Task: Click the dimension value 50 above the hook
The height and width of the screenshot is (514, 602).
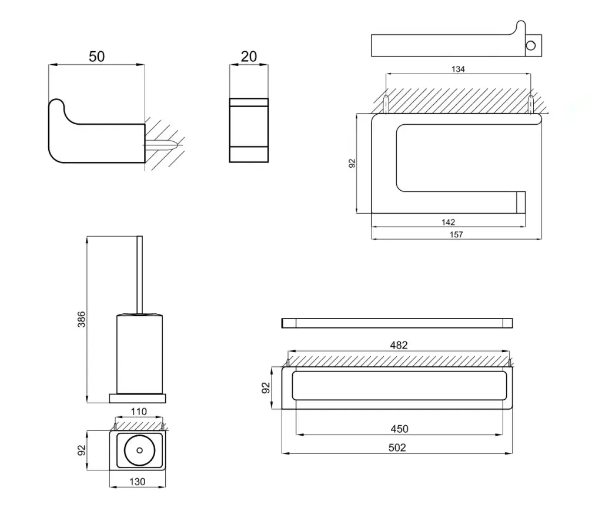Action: point(96,57)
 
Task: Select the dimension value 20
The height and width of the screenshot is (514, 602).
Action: point(249,57)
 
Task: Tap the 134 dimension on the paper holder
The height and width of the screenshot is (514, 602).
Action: point(458,69)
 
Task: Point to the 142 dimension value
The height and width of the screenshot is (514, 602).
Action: point(448,222)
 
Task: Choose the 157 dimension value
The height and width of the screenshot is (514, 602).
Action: point(456,234)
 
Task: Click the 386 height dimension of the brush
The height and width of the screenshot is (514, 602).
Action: point(82,320)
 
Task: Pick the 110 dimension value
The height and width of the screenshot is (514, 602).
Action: point(138,412)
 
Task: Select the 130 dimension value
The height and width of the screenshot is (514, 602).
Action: point(137,482)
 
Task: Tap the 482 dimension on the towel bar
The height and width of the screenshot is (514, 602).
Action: point(399,346)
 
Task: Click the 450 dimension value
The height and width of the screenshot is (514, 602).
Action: point(399,429)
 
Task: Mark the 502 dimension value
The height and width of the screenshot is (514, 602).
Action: point(397,447)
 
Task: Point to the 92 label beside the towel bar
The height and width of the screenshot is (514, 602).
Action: point(266,387)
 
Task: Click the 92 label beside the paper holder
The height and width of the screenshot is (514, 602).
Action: point(352,163)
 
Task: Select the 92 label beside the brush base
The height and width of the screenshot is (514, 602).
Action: point(82,450)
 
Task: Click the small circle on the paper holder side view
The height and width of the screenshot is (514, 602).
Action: point(531,46)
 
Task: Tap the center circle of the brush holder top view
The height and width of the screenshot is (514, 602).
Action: point(139,450)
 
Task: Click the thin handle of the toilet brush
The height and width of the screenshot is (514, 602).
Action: point(139,274)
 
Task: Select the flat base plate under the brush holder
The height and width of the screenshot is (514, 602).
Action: point(138,399)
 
